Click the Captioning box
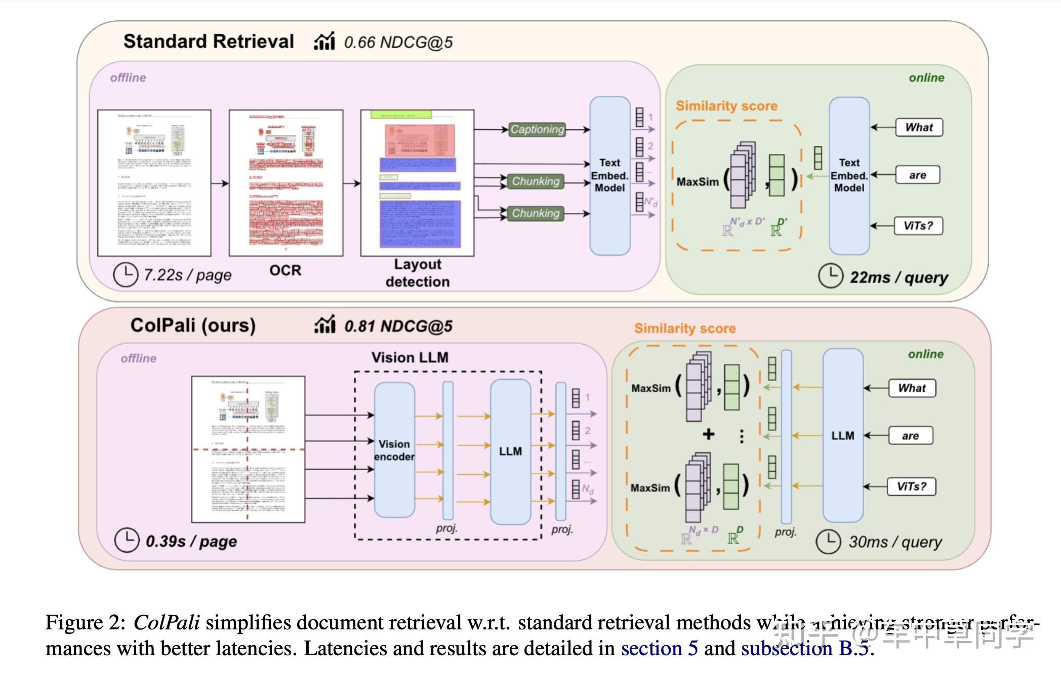pyautogui.click(x=537, y=129)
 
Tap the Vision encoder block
pyautogui.click(x=394, y=450)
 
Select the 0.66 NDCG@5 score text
pyautogui.click(x=398, y=42)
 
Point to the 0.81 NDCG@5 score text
pyautogui.click(x=398, y=326)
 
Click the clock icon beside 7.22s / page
pyautogui.click(x=125, y=275)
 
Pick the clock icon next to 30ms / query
pyautogui.click(x=829, y=542)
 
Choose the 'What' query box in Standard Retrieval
pyautogui.click(x=919, y=127)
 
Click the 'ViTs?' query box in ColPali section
pyautogui.click(x=912, y=486)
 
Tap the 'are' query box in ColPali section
pyautogui.click(x=910, y=436)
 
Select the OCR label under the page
pyautogui.click(x=285, y=270)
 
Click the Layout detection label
pyautogui.click(x=417, y=273)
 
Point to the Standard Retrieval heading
pyautogui.click(x=209, y=41)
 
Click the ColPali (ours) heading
pyautogui.click(x=193, y=325)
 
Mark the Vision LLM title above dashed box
pyautogui.click(x=410, y=357)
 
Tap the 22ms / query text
pyautogui.click(x=899, y=277)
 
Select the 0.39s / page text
pyautogui.click(x=191, y=541)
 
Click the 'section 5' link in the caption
pyautogui.click(x=659, y=649)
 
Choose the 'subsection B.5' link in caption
pyautogui.click(x=805, y=649)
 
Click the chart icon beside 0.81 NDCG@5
pyautogui.click(x=324, y=325)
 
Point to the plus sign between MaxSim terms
pyautogui.click(x=709, y=434)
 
